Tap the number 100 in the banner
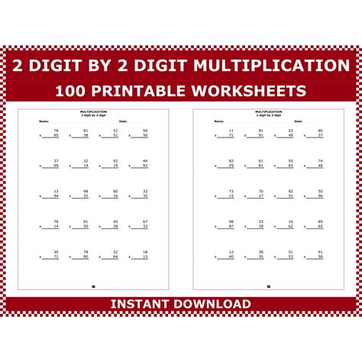73,91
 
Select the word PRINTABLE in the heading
148,91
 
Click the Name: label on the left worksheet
44,121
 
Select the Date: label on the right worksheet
299,121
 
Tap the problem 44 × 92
142,163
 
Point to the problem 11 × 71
228,134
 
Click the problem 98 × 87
228,224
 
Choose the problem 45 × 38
113,224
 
